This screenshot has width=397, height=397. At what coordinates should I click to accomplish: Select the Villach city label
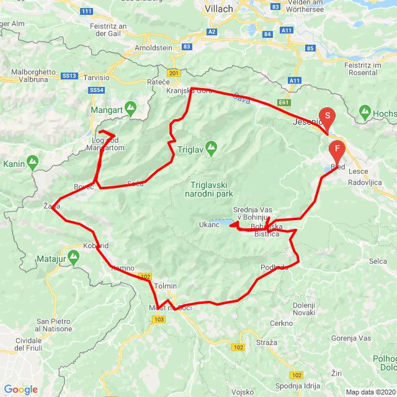[x=218, y=9]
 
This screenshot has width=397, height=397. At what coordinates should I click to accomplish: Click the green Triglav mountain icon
[x=212, y=148]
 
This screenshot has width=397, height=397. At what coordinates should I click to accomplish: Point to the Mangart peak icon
[x=132, y=108]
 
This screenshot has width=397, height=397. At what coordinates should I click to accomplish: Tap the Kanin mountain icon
[x=32, y=162]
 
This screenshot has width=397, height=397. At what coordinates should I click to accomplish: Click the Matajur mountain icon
[x=75, y=255]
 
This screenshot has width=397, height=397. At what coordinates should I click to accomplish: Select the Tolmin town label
[x=165, y=286]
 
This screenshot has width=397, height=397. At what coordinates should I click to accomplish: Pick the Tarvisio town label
[x=97, y=78]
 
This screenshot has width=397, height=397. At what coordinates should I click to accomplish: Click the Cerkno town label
[x=281, y=323]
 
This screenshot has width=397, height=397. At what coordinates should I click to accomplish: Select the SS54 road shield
[x=96, y=91]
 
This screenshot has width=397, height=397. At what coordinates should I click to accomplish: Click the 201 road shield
[x=173, y=73]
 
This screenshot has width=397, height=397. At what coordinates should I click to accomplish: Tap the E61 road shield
[x=285, y=102]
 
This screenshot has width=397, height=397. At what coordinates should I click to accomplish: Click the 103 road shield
[x=158, y=319]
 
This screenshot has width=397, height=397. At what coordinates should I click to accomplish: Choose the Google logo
[x=20, y=390]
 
